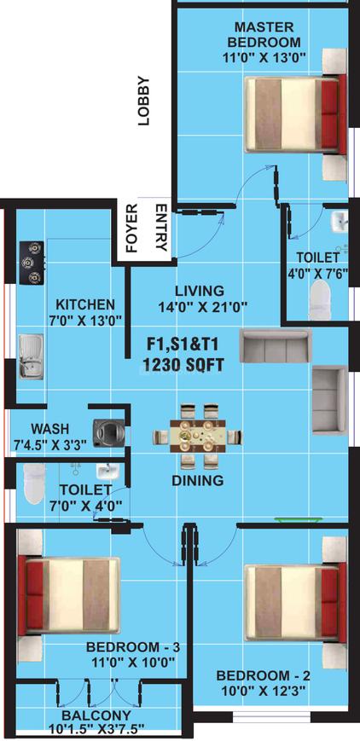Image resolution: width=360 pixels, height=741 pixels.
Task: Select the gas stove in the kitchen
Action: click(x=32, y=263)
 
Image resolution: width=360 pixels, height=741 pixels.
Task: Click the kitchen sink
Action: click(x=32, y=356)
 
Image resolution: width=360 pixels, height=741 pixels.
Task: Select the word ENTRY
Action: click(x=160, y=228)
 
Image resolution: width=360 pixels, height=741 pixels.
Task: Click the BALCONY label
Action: click(x=96, y=715)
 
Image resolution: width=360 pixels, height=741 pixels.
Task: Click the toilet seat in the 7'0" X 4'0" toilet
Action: click(x=34, y=484)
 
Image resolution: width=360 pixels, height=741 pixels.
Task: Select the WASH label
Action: click(x=49, y=428)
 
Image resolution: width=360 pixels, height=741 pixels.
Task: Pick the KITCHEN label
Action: click(x=84, y=304)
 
